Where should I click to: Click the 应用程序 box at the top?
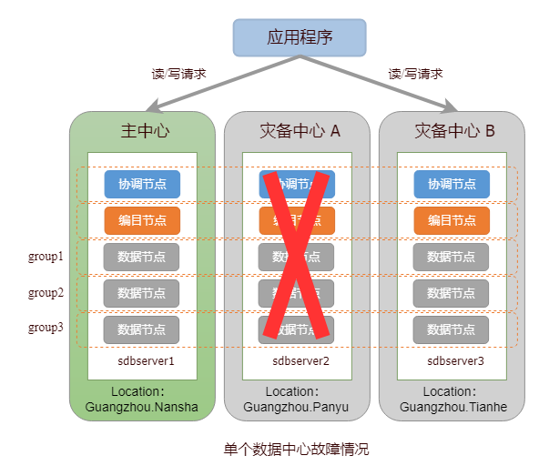tap(300, 37)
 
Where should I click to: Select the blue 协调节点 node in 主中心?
tap(142, 184)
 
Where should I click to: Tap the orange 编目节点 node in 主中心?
tap(142, 220)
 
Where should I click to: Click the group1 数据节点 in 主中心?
tap(142, 257)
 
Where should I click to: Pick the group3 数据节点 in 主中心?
tap(142, 329)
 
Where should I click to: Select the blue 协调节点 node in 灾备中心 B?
tap(452, 184)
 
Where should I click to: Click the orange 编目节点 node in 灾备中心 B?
tap(452, 220)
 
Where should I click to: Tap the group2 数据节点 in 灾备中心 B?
tap(452, 293)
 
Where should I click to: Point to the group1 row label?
tap(46, 257)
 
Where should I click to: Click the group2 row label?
tap(46, 293)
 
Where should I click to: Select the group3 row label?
tap(46, 328)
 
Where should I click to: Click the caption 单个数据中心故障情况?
tap(297, 450)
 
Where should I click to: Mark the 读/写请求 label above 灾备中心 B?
tap(415, 74)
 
